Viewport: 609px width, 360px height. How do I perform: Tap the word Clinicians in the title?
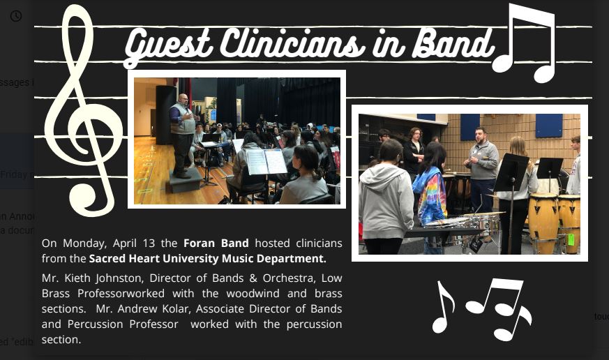tap(292, 43)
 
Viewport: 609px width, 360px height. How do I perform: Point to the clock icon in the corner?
tap(15, 16)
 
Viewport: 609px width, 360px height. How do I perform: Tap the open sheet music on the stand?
tap(266, 161)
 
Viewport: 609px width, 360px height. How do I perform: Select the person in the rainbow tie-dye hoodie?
tap(430, 194)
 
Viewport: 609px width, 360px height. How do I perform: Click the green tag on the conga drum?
tap(571, 239)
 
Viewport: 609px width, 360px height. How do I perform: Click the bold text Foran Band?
tap(216, 243)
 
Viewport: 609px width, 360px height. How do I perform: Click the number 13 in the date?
tap(149, 243)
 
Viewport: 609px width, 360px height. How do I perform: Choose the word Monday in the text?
tap(84, 243)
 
